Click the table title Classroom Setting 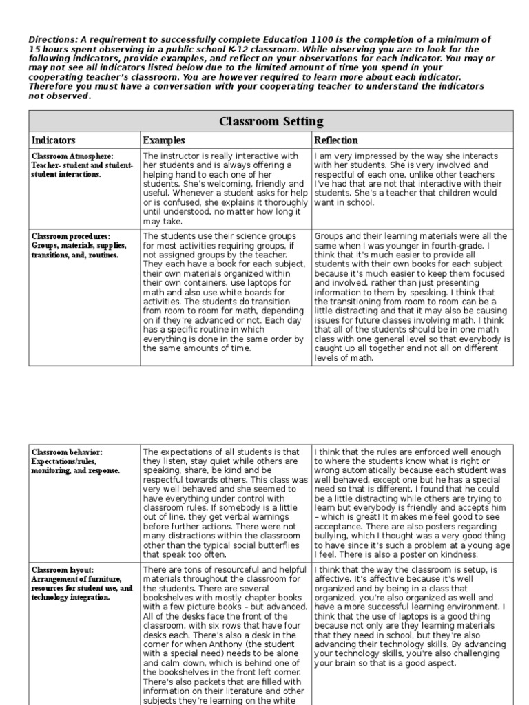pyautogui.click(x=271, y=121)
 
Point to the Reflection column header pyautogui.click(x=336, y=140)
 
